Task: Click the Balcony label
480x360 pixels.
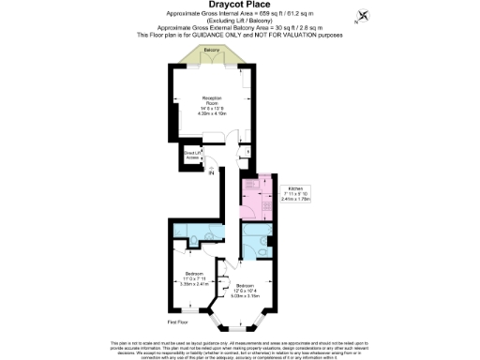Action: click(x=213, y=51)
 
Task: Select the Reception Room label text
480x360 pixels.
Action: click(x=212, y=100)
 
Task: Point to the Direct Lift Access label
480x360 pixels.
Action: click(x=191, y=156)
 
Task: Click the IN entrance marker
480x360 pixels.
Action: click(x=212, y=172)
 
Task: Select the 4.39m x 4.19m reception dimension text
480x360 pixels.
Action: click(x=212, y=113)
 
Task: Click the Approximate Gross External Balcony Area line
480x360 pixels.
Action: click(x=240, y=28)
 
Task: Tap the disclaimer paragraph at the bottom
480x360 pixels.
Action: click(x=240, y=349)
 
